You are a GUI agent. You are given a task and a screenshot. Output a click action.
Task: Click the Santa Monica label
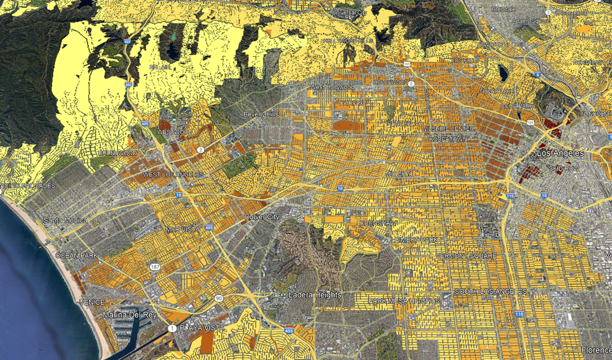point(65,220)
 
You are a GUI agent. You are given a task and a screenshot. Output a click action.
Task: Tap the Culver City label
point(261,217)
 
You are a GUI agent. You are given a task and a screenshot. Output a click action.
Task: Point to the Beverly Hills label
point(261,114)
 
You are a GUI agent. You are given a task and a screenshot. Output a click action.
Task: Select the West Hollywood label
point(332,88)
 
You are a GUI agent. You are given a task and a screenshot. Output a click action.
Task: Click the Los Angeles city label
point(561,153)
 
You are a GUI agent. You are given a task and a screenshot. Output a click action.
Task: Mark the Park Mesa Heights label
point(404,301)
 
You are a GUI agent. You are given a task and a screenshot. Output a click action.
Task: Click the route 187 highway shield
point(155,268)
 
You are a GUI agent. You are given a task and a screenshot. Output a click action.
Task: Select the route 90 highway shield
point(218,299)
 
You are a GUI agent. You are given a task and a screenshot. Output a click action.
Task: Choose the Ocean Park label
point(76,255)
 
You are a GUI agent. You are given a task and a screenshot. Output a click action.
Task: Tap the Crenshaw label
point(376,223)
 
